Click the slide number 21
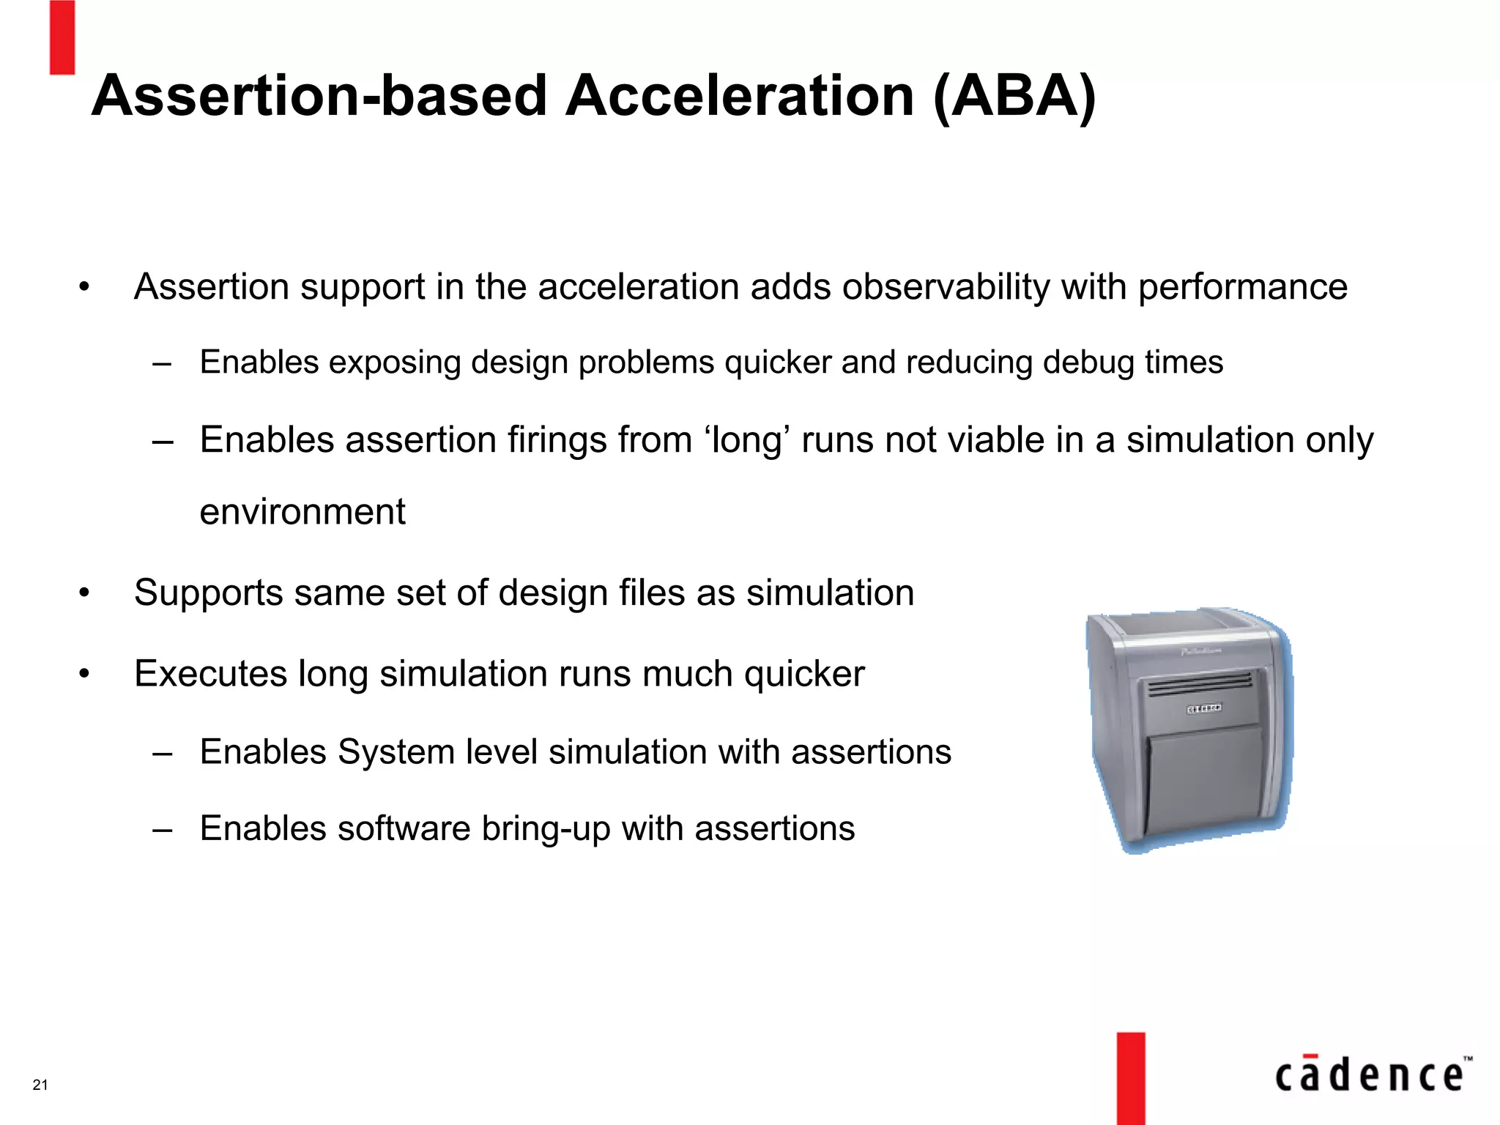pos(40,1085)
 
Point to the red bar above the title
pos(62,37)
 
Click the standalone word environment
pos(302,511)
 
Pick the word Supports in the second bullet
pos(208,593)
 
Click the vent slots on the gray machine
pos(1200,683)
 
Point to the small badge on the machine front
pos(1203,708)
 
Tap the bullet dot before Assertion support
pos(84,287)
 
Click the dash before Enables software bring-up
pos(163,830)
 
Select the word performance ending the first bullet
pos(1242,286)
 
